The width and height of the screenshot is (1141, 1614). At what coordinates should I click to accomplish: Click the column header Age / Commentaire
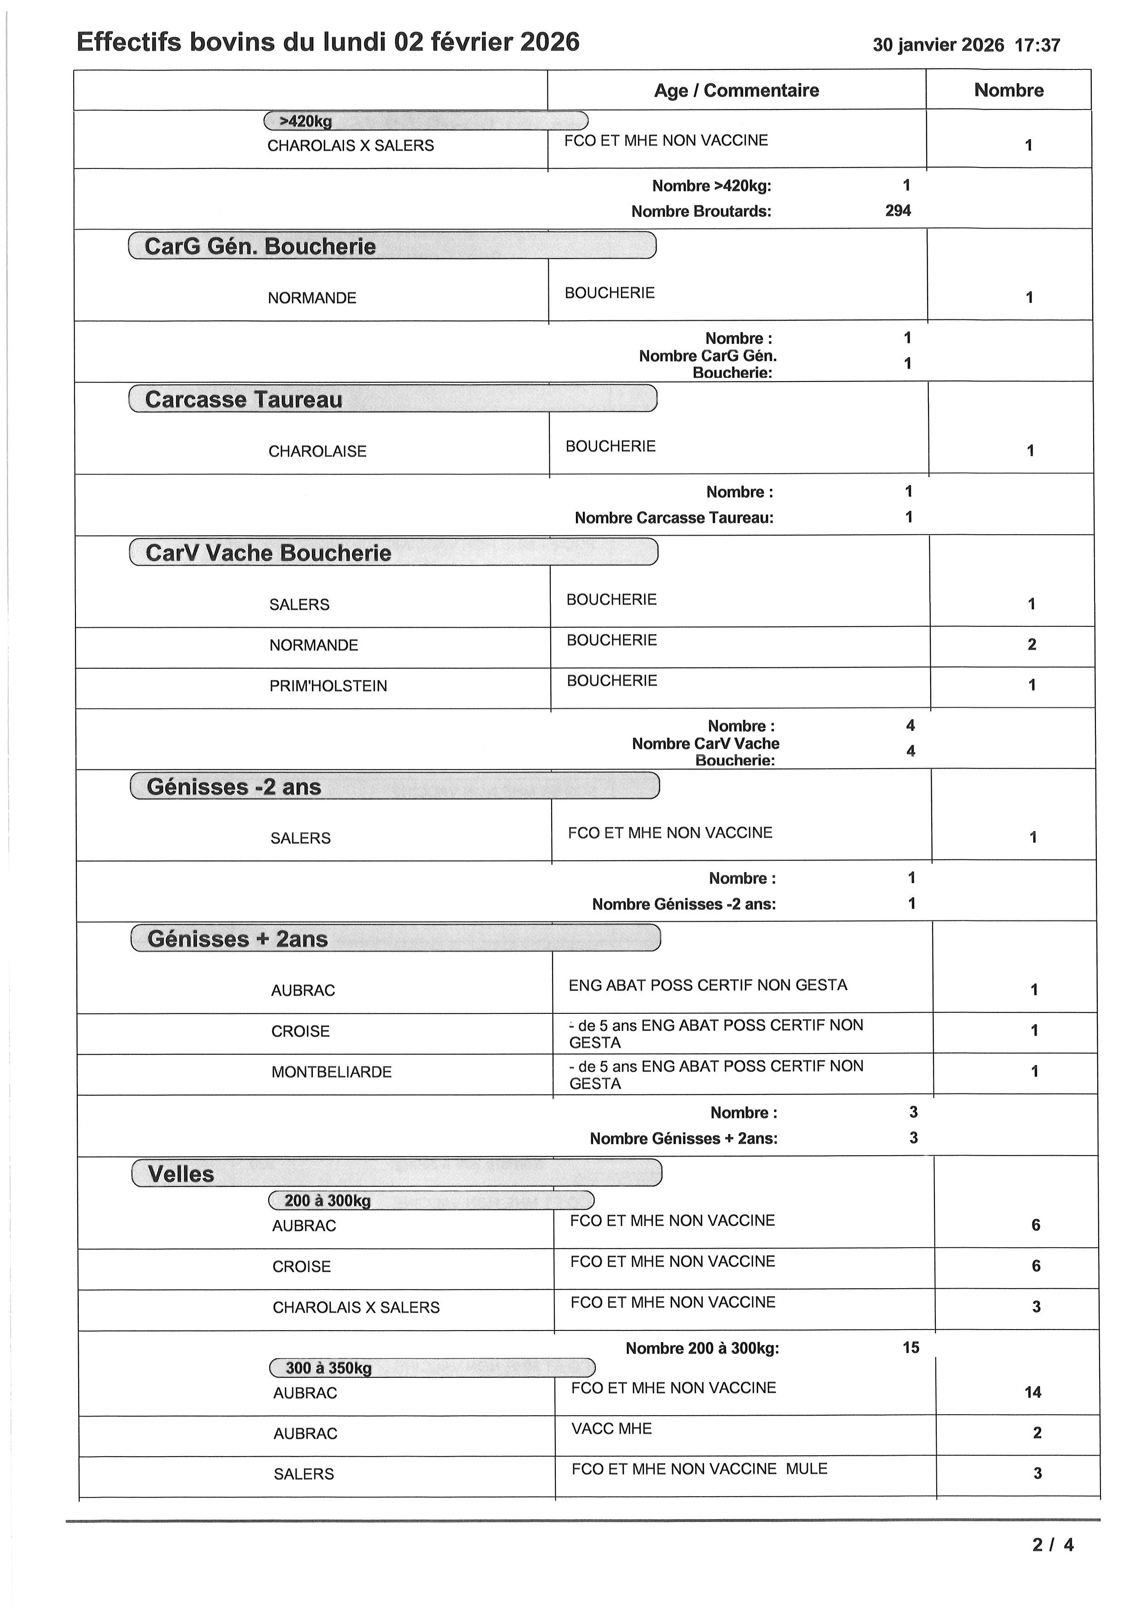pyautogui.click(x=736, y=91)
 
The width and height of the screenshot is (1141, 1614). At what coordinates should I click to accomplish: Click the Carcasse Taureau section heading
pyautogui.click(x=244, y=399)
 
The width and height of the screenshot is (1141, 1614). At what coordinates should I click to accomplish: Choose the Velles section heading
pyautogui.click(x=181, y=1174)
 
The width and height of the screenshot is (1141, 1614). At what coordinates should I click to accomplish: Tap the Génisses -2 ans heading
pyautogui.click(x=234, y=787)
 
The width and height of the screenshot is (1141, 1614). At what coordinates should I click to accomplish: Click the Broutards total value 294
pyautogui.click(x=898, y=211)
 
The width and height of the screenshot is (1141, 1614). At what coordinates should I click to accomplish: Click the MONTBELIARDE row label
pyautogui.click(x=332, y=1072)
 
